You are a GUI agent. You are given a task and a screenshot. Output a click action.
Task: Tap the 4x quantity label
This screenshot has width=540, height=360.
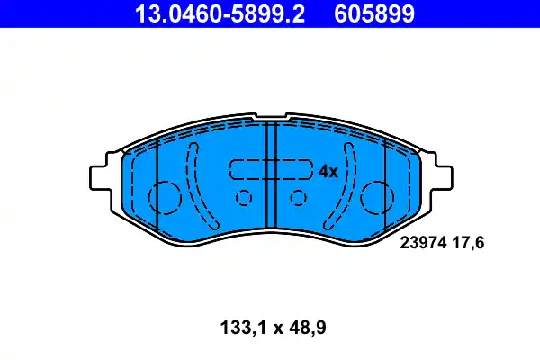[328, 171]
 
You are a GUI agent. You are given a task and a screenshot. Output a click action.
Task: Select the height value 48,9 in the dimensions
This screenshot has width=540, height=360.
[305, 328]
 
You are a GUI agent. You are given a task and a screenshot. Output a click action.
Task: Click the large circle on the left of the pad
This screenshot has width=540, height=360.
[164, 196]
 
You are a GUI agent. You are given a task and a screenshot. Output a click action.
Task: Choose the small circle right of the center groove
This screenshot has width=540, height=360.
[299, 199]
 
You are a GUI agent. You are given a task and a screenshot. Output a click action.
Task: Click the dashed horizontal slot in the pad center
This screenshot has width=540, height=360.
[271, 169]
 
